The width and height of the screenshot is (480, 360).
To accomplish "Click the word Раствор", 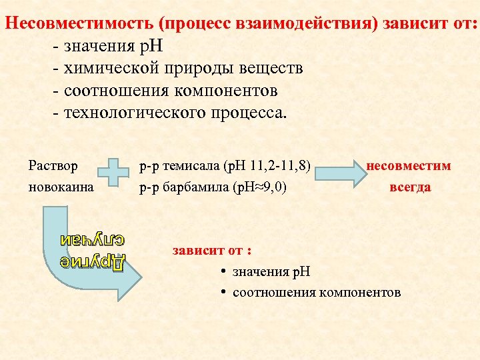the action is click(53, 165).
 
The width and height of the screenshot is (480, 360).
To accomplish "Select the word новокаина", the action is click(61, 187).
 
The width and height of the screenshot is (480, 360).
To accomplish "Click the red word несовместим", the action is click(409, 165).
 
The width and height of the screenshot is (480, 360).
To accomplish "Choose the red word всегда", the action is click(410, 187).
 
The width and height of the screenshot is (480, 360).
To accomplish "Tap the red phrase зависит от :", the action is click(212, 251).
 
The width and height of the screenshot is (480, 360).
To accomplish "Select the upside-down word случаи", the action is click(93, 238).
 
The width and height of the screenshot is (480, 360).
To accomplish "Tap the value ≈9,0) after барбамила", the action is click(271, 187).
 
